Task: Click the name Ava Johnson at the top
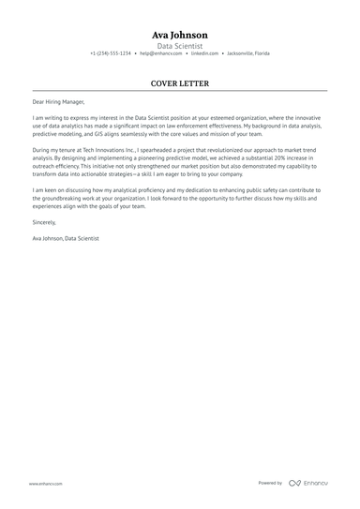(x=180, y=35)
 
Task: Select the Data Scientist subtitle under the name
(x=180, y=45)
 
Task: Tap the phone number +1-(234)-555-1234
(x=111, y=53)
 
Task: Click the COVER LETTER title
(x=180, y=83)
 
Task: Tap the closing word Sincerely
(x=44, y=222)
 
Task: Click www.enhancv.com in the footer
(x=46, y=484)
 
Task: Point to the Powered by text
(x=270, y=483)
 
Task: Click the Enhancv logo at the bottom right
(x=308, y=483)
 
